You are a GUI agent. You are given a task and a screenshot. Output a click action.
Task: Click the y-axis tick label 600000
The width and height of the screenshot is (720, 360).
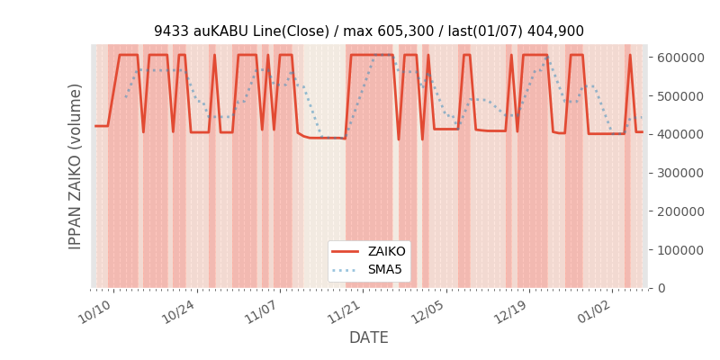coord(679,57)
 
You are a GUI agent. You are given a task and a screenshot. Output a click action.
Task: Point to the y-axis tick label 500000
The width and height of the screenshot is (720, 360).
coord(679,95)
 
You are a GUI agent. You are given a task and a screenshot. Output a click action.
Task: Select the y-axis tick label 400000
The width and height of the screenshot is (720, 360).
coord(679,134)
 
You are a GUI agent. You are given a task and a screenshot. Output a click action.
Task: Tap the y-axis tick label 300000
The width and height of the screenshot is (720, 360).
coord(679,173)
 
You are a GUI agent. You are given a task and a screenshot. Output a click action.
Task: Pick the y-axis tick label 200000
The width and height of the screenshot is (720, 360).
coord(679,211)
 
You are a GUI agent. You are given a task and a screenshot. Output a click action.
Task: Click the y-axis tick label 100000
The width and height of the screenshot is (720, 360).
coord(679,249)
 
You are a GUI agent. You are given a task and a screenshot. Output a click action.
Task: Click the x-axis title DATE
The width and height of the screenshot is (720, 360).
coord(369,338)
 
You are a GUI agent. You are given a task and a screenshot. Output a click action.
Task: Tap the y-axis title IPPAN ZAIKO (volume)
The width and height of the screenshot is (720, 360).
coord(76,166)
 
